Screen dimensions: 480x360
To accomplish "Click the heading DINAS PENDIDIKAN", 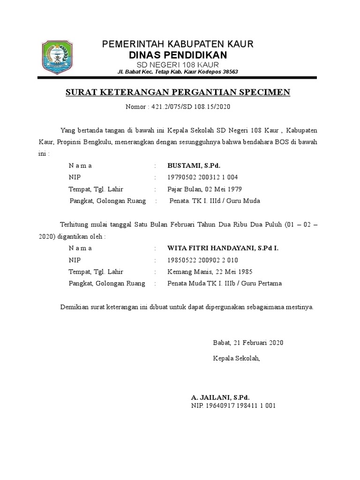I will pos(178,55).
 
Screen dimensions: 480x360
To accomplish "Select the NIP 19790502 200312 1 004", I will pos(203,177).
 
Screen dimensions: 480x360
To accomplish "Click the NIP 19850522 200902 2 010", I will pos(203,260).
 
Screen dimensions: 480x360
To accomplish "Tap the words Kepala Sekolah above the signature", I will pos(236,359).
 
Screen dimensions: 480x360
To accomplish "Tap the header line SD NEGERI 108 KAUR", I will pos(178,64).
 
